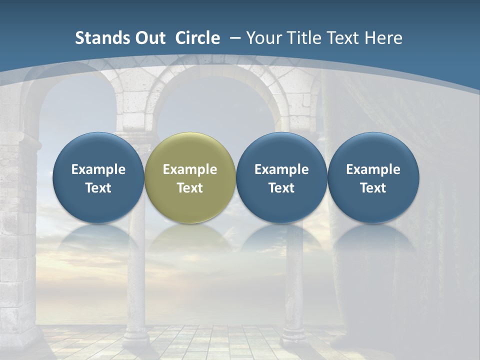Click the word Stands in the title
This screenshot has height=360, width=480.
(x=97, y=38)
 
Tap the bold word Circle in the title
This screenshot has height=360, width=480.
(x=197, y=38)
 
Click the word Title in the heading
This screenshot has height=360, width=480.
(x=304, y=38)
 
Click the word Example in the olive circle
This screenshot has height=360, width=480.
(x=190, y=169)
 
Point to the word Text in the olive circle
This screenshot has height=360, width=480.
(x=190, y=188)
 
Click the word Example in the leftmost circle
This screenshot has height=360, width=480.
(x=98, y=169)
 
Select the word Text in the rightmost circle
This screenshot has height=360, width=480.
(x=373, y=188)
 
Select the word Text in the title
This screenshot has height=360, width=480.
(x=346, y=38)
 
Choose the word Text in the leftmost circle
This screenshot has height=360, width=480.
(x=98, y=188)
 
